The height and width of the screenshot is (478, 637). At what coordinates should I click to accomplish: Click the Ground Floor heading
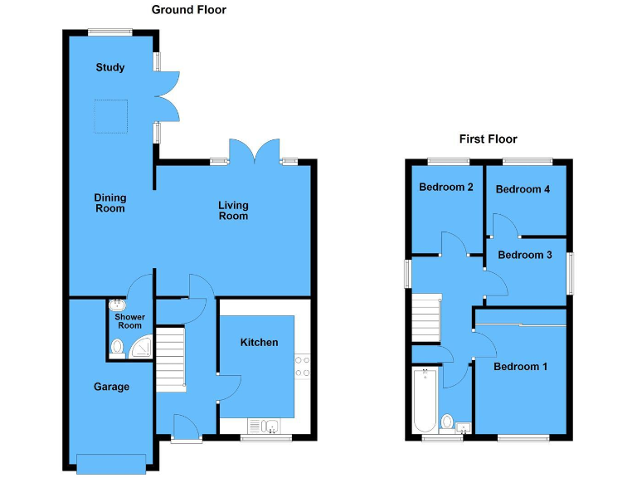188,10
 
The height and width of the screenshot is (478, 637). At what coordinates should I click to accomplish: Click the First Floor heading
488,139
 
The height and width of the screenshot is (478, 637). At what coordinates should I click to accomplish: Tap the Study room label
110,67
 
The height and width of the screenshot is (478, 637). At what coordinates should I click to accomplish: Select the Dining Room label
109,203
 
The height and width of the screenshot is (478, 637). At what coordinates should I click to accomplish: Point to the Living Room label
233,211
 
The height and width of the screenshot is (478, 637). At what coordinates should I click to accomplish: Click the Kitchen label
260,343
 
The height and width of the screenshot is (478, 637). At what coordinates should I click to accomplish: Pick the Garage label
111,387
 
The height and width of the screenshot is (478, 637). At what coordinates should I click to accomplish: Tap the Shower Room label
129,321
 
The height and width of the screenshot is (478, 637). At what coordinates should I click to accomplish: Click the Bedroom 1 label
520,366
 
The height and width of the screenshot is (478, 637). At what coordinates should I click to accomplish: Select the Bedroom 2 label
445,188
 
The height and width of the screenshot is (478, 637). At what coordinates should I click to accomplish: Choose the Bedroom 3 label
525,255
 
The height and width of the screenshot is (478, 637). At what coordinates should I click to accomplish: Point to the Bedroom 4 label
523,189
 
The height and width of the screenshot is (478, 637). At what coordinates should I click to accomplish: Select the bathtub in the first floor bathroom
425,399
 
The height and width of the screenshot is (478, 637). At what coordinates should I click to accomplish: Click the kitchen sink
270,427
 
